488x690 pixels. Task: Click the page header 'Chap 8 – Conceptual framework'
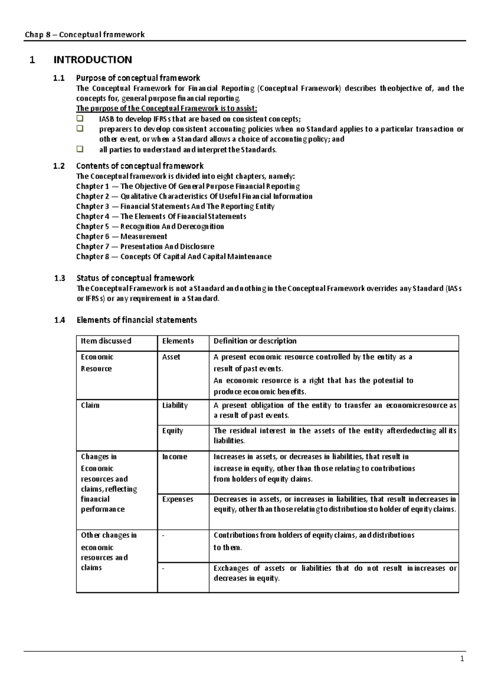tap(85, 35)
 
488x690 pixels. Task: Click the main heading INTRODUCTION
tap(93, 60)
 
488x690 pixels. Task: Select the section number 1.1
tap(59, 78)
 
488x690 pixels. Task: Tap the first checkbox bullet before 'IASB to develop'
tap(80, 119)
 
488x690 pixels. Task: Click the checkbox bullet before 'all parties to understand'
tap(80, 149)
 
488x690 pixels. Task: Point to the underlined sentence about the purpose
tap(167, 108)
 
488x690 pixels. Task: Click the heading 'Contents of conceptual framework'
tap(140, 166)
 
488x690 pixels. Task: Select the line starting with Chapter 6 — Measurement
tap(122, 236)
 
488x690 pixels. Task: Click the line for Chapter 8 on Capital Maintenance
tap(174, 257)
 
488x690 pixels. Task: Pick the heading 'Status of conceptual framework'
tap(135, 278)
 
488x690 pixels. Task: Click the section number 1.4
tap(59, 320)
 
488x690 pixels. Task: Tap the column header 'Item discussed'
tap(106, 341)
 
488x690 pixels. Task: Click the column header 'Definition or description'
tap(255, 341)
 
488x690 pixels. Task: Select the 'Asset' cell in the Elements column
tap(171, 357)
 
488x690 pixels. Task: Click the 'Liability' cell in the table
tap(175, 405)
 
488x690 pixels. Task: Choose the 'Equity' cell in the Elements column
tap(172, 430)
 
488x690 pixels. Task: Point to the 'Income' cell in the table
tap(174, 456)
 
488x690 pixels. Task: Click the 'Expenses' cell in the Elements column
tap(177, 499)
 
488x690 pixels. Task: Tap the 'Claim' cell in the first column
tap(90, 405)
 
